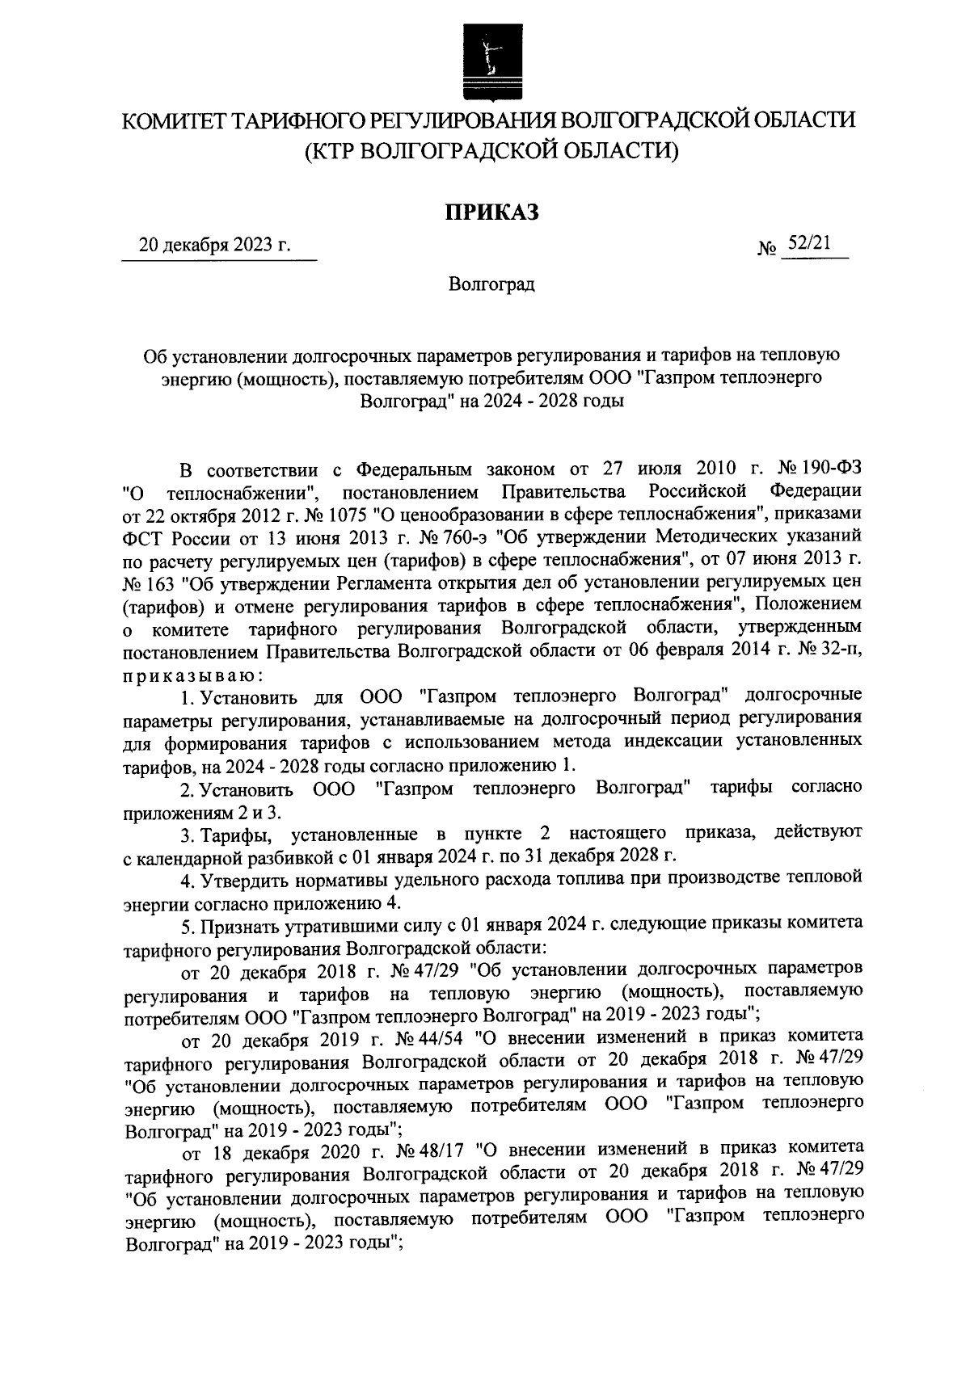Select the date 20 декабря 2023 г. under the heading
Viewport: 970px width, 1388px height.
point(214,246)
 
